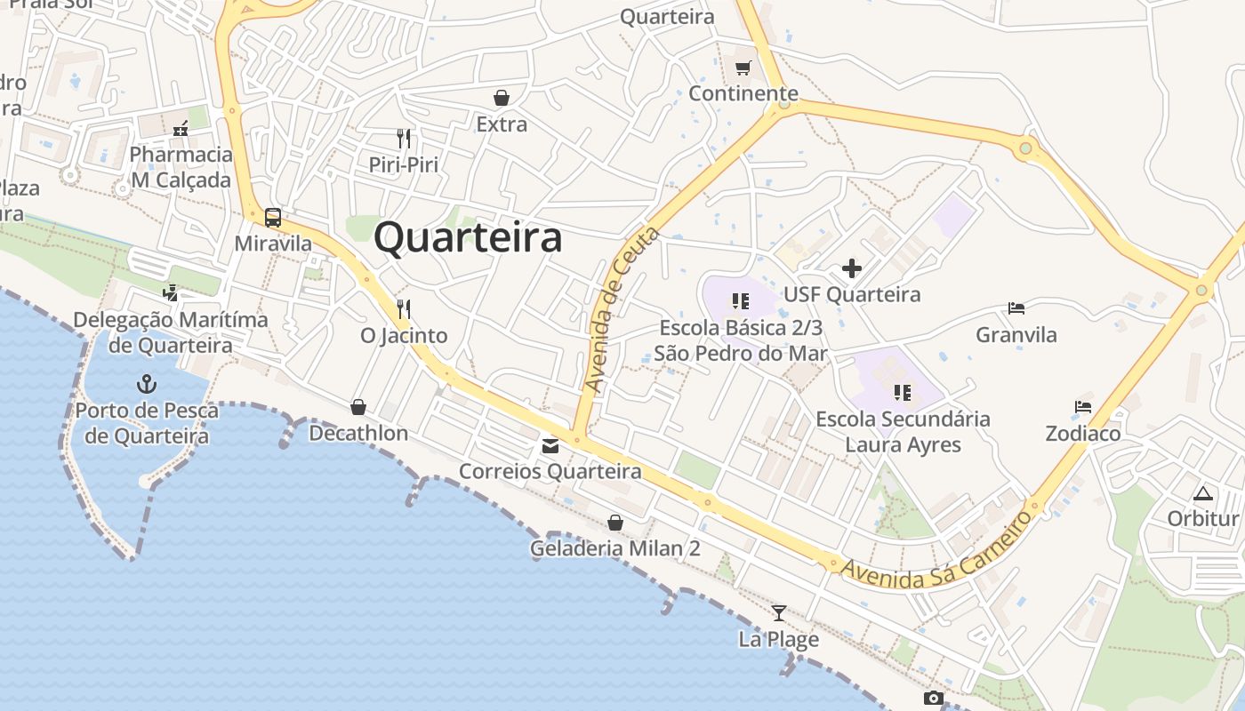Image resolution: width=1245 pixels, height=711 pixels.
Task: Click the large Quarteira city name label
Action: point(468,238)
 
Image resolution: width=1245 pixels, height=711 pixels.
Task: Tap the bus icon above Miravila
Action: point(273,217)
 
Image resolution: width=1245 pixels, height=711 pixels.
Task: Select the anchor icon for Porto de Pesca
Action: point(146,384)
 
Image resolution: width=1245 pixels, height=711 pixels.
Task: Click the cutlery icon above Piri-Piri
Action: point(404,138)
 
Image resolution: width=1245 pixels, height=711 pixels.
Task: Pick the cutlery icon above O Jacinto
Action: point(404,308)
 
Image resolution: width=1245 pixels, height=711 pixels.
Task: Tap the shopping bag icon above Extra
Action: point(502,97)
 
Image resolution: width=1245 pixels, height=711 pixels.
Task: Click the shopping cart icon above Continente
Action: point(743,68)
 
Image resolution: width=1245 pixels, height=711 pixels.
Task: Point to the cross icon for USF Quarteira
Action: point(852,268)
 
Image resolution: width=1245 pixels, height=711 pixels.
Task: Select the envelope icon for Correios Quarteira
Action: point(550,445)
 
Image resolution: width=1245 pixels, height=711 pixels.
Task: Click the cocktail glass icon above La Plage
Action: point(779,612)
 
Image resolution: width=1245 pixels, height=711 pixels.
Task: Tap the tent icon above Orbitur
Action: point(1203,493)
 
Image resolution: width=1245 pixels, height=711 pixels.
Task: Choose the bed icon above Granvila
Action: point(1016,308)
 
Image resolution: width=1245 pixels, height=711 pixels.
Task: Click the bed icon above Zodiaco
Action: point(1082,407)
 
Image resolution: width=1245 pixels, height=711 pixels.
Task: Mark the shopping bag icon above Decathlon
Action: point(358,407)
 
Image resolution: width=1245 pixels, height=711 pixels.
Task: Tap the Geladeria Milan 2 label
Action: point(615,548)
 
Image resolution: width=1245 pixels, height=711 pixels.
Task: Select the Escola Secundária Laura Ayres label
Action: point(903,431)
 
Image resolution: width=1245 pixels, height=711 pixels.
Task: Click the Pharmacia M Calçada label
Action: point(181,167)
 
